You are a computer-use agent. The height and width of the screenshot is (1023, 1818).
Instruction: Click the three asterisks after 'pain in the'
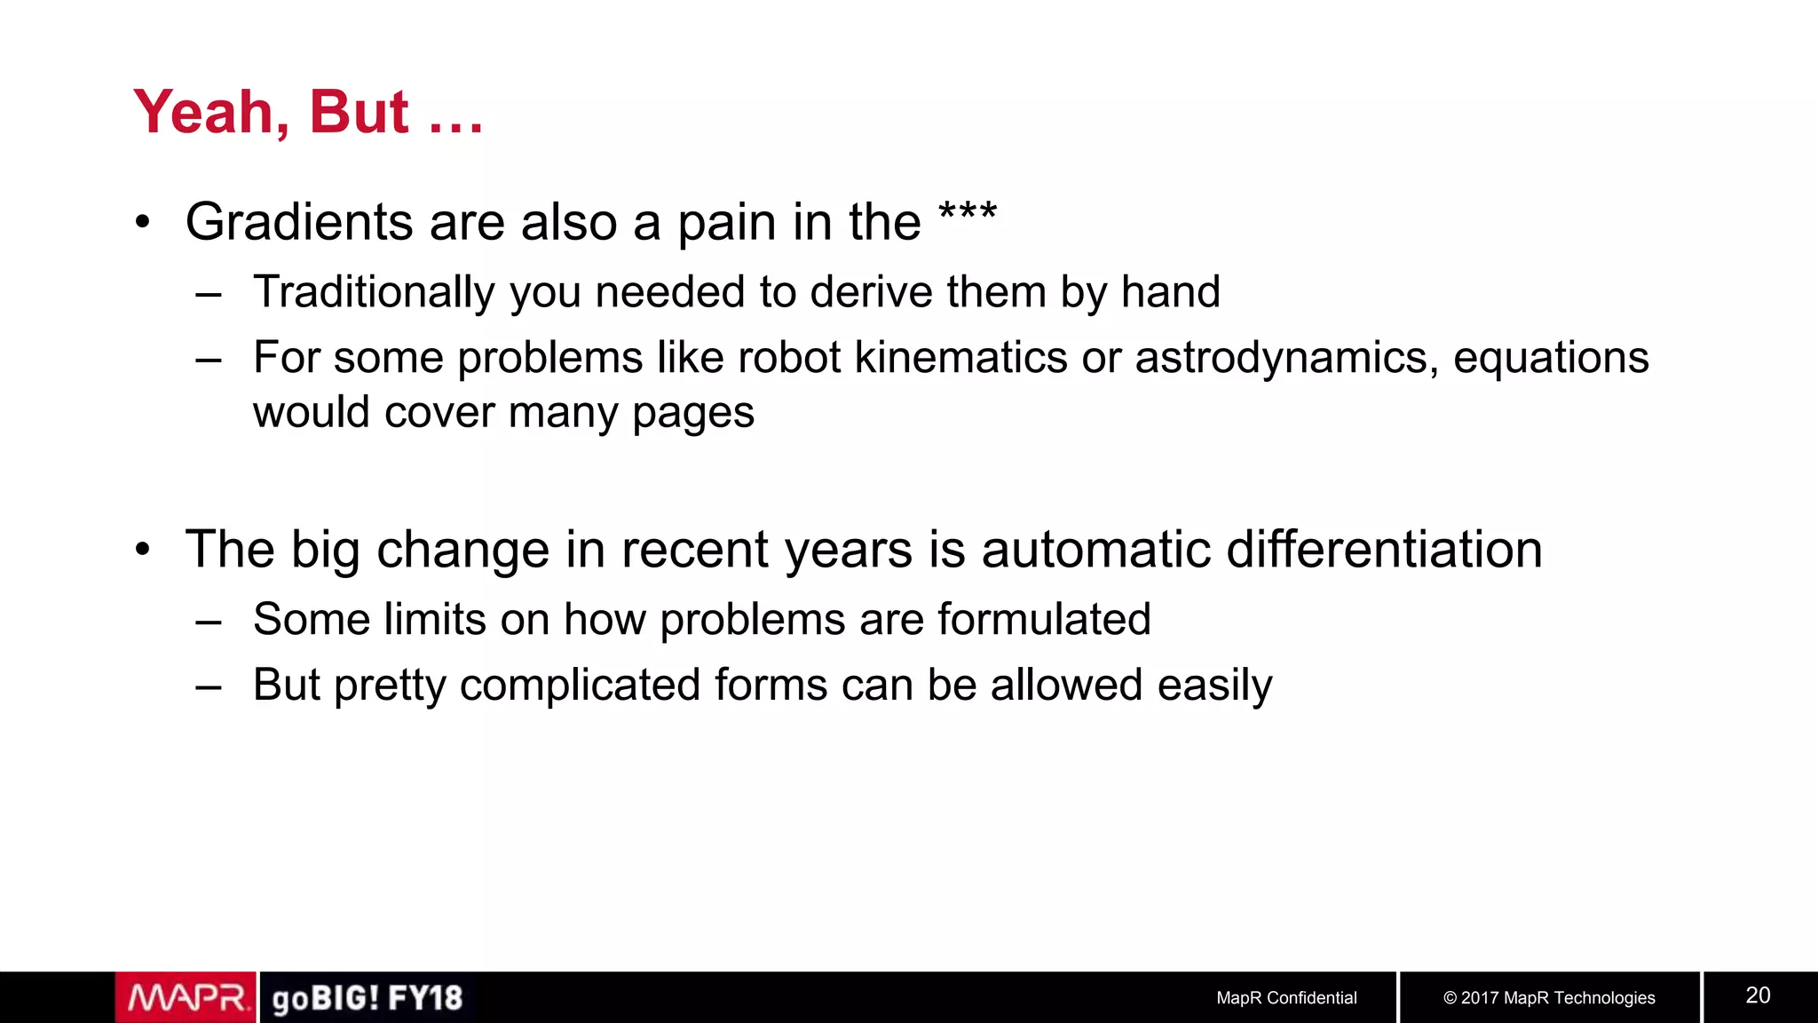point(968,213)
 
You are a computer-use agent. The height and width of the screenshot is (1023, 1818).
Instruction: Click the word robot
point(788,358)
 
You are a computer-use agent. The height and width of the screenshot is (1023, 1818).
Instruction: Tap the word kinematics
point(960,358)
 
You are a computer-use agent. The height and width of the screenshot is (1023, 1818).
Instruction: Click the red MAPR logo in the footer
point(186,998)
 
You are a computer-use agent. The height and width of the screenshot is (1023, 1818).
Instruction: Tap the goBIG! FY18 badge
point(368,998)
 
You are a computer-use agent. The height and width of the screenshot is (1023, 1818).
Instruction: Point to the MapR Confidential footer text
point(1286,998)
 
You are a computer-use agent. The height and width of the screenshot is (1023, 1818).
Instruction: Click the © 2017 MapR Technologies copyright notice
point(1549,998)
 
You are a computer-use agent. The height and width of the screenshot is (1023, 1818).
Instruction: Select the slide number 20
point(1758,995)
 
